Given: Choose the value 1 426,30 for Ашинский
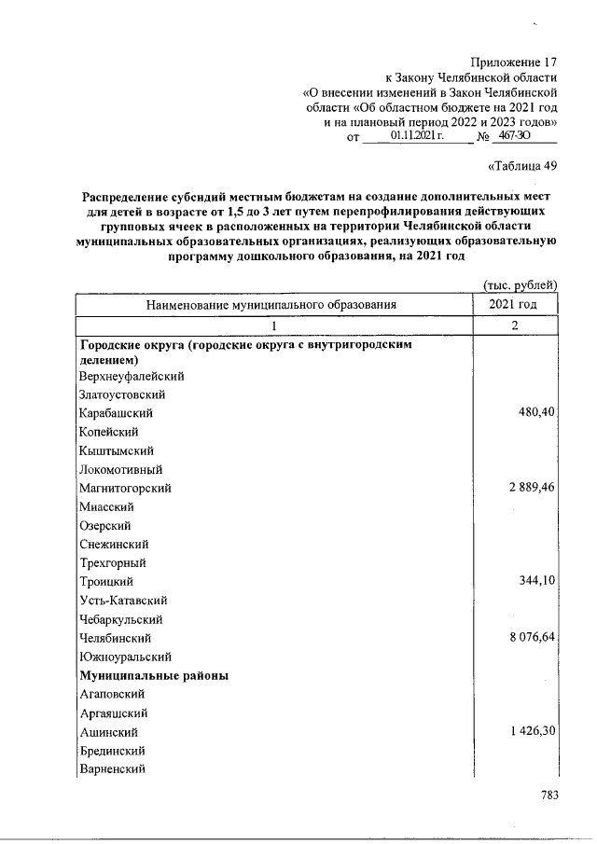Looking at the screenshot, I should pyautogui.click(x=526, y=732).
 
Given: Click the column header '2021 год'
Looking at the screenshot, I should pyautogui.click(x=512, y=305).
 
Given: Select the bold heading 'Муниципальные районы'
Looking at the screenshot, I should pyautogui.click(x=154, y=675).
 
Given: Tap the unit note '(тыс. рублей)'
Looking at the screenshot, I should pyautogui.click(x=520, y=284).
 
